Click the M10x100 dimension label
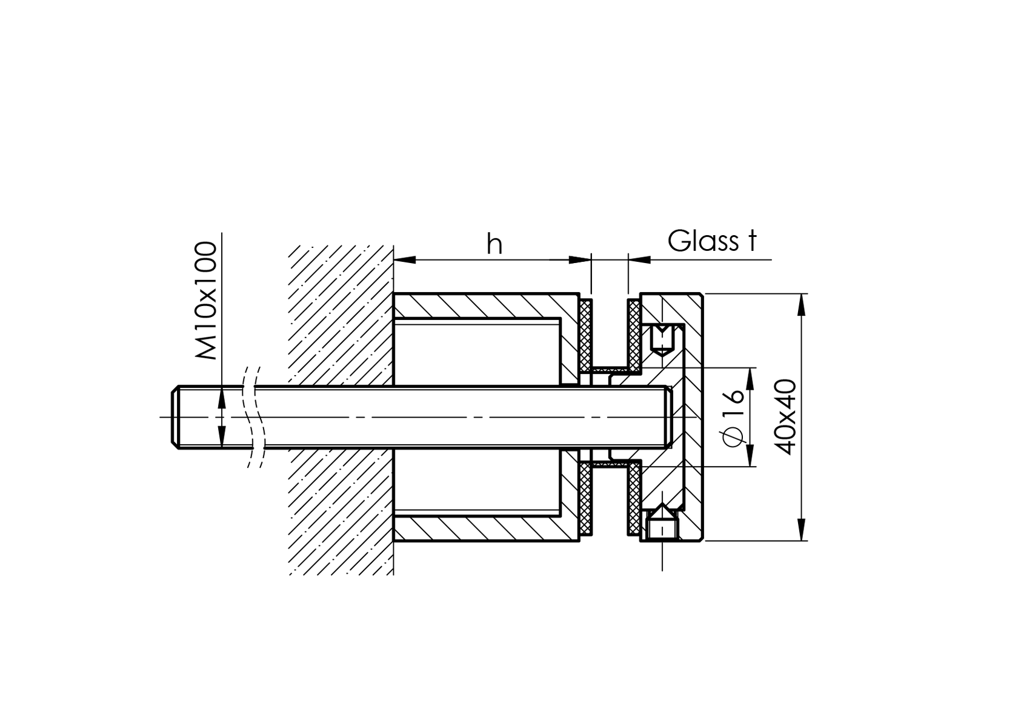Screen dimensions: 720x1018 tap(207, 301)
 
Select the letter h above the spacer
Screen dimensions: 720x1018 tap(494, 244)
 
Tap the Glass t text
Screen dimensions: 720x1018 tap(712, 241)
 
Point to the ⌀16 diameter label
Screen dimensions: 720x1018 tap(734, 418)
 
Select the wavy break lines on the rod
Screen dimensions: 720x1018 tap(253, 417)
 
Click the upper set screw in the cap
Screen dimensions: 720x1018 tap(662, 339)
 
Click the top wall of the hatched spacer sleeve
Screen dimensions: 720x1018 tap(485, 305)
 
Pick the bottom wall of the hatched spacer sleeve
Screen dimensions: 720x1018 tap(485, 529)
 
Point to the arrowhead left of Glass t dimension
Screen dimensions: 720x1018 tap(640, 260)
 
